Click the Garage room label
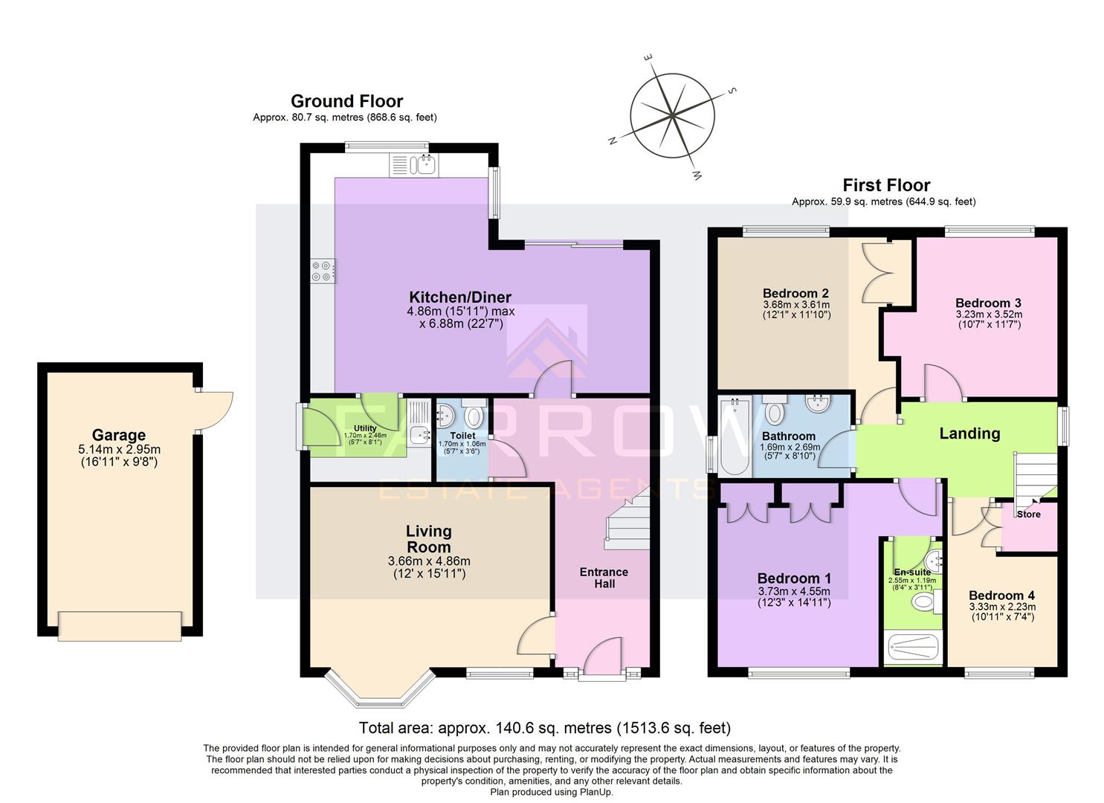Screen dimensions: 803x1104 coord(119,435)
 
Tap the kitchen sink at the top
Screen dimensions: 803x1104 coord(413,164)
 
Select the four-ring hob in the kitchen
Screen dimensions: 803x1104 coord(323,271)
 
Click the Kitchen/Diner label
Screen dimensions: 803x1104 coord(459,297)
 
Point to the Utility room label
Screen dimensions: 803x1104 coord(365,428)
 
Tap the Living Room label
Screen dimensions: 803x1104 coord(429,539)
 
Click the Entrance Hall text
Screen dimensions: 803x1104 coord(604,578)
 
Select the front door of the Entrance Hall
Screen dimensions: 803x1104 coord(602,658)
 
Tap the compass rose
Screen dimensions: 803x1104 coord(672,115)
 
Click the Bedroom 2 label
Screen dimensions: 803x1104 coord(795,294)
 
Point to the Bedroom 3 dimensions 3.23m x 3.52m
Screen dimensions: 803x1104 coord(988,314)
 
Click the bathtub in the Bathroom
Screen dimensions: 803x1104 coord(735,436)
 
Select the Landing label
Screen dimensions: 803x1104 coord(969,433)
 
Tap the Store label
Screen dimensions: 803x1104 coord(1028,515)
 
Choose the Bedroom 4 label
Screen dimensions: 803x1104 coord(1001,596)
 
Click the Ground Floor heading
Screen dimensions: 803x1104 coord(346,101)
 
